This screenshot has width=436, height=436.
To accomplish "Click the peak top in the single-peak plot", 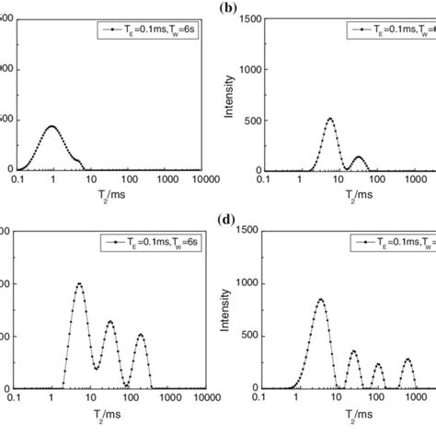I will coord(52,126).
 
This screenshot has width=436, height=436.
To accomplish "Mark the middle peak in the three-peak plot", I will coord(109,321).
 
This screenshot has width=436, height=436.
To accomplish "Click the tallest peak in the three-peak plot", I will coord(79,283).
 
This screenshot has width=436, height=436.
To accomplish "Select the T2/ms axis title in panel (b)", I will coord(344,192).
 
